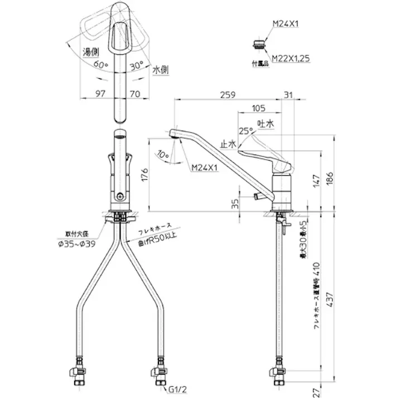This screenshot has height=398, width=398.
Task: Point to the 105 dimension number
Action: click(x=258, y=108)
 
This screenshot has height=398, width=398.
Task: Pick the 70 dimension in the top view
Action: click(x=134, y=94)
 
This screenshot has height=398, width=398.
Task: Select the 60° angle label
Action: click(x=100, y=65)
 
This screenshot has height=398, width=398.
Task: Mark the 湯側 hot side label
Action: click(x=91, y=52)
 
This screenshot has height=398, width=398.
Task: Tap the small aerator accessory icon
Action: click(x=258, y=44)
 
